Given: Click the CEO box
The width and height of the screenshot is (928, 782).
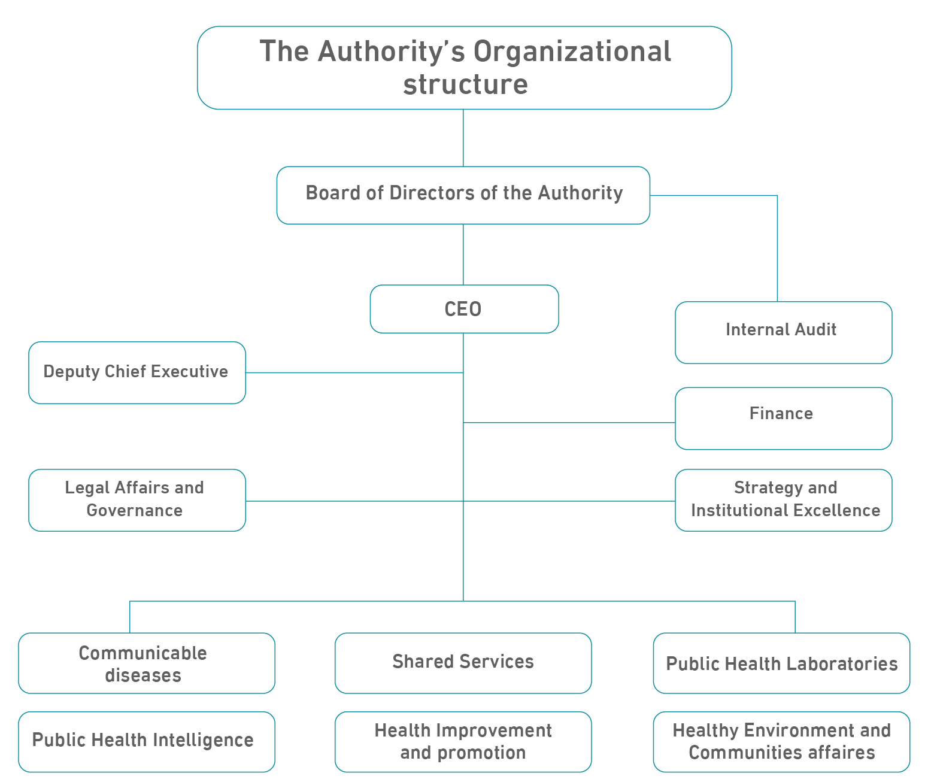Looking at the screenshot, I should pos(464,309).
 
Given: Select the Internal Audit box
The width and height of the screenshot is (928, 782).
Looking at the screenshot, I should pos(783,332).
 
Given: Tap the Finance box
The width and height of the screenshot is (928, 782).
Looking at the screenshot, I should pos(783,418).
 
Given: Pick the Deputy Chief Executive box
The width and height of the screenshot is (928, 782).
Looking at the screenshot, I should pos(137,372).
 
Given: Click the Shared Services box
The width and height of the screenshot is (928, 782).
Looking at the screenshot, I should pos(463,663).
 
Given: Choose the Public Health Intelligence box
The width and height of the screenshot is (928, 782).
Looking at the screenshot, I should pos(146,741).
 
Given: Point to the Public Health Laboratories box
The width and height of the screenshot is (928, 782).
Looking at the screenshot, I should pos(781,663).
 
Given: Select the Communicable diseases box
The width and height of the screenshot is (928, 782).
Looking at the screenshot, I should pos(146,663).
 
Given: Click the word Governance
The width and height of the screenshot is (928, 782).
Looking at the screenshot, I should pos(135,511).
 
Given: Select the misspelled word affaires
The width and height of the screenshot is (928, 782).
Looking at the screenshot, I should pos(841,753).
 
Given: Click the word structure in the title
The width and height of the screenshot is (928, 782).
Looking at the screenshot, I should pos(465,84).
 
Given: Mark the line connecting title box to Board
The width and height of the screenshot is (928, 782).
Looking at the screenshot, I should pos(463,138).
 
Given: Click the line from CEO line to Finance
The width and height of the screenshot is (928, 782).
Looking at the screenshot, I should pos(569,423).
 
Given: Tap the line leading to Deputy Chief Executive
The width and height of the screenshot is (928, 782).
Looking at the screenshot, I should pos(353,372).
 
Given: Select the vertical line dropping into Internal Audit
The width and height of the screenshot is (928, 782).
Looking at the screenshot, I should pos(777,251).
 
